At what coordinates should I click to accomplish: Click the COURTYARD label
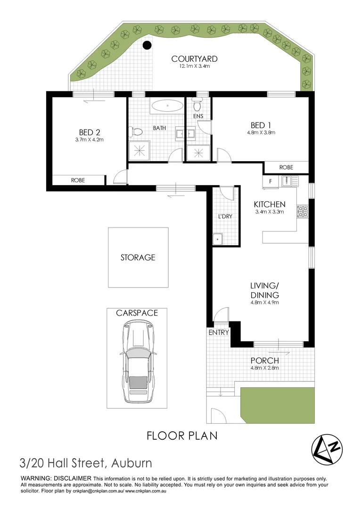coord(194,59)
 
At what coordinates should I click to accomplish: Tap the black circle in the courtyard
coord(147,46)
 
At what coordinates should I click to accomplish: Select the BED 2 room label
coord(89,132)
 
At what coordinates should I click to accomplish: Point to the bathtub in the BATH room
coord(167,106)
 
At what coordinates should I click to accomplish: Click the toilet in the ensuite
coord(197,103)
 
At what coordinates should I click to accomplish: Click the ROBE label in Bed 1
coord(286,167)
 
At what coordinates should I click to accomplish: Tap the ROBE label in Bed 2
coord(78,180)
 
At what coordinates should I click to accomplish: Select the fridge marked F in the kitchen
coord(270,181)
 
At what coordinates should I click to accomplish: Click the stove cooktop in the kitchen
coord(302,212)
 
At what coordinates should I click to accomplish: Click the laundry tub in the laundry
coord(218,239)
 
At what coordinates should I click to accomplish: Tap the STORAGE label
coord(138,257)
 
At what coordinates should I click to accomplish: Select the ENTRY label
coord(219,332)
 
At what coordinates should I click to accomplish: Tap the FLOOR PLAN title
coord(182,435)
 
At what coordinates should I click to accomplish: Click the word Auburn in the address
coord(131,463)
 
